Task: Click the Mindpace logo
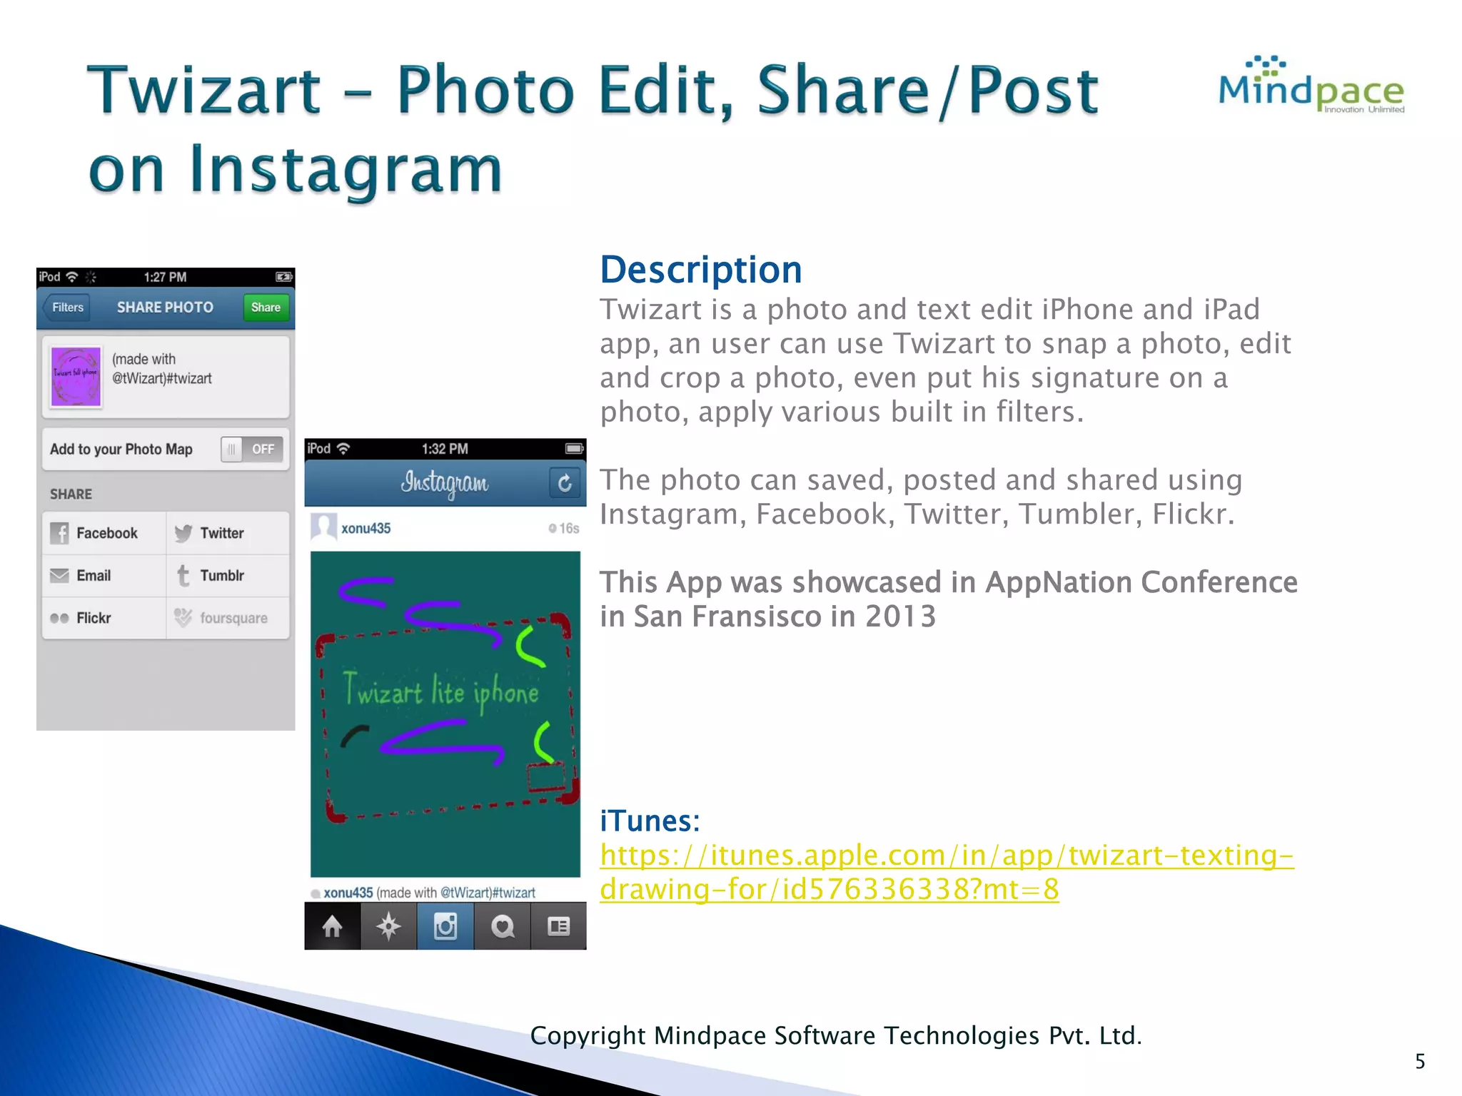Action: [x=1311, y=86]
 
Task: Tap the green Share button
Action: [x=266, y=308]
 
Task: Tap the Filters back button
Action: [x=68, y=308]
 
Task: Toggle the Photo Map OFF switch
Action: [x=252, y=450]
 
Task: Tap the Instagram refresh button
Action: [x=564, y=483]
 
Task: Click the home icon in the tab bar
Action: [x=333, y=926]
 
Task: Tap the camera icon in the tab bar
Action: [x=445, y=926]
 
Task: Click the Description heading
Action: [x=701, y=270]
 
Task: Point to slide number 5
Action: [x=1420, y=1062]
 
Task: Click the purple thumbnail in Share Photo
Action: [x=76, y=376]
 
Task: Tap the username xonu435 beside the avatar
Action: [x=365, y=529]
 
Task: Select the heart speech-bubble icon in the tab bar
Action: [x=503, y=926]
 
